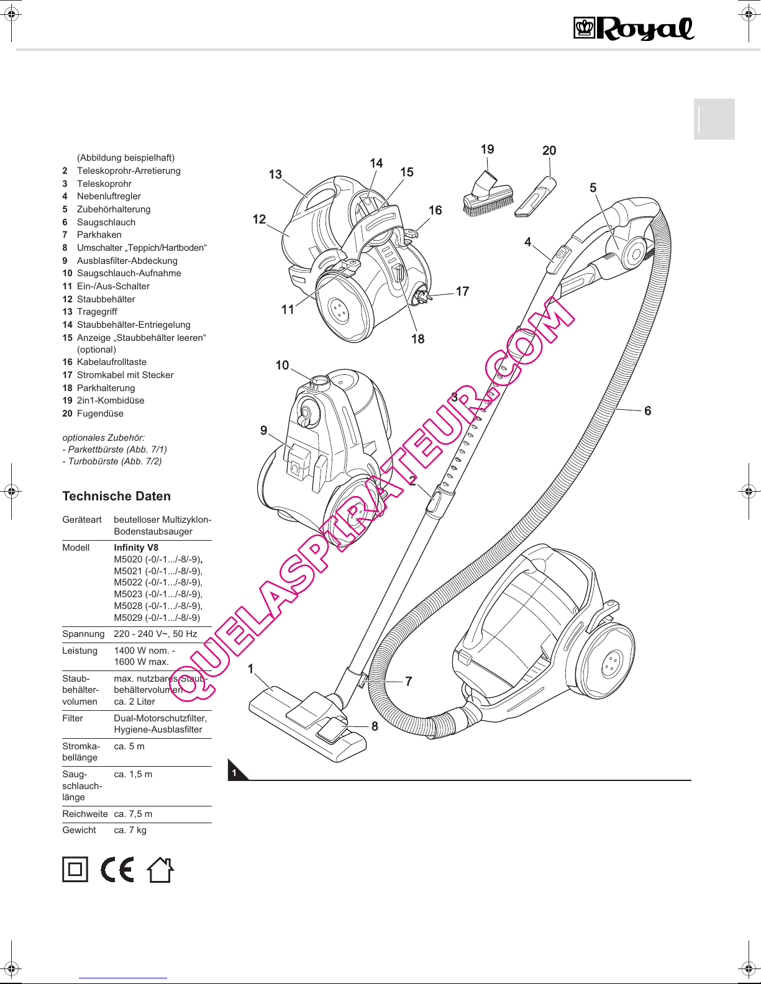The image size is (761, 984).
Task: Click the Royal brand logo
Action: click(x=633, y=29)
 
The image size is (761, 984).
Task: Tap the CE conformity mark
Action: click(x=117, y=869)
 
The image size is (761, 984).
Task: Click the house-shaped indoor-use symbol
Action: click(x=160, y=869)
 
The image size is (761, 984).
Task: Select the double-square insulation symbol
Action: click(x=75, y=869)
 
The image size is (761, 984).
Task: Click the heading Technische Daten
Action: click(x=116, y=496)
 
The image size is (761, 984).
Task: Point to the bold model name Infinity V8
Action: click(x=136, y=548)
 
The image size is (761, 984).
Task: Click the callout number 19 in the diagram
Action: click(x=487, y=149)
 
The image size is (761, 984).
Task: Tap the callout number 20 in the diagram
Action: click(x=549, y=150)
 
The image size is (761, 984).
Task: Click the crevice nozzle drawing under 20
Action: click(x=535, y=197)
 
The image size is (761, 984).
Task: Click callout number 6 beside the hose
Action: click(x=647, y=411)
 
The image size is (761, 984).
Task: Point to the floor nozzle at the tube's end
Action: click(x=308, y=725)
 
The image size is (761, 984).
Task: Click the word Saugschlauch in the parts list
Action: click(x=106, y=222)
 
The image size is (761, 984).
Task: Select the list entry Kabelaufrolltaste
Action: click(x=112, y=362)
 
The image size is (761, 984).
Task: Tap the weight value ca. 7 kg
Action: click(x=130, y=830)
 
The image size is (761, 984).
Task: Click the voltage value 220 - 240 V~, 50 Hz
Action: click(x=155, y=634)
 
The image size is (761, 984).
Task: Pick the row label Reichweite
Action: click(x=85, y=814)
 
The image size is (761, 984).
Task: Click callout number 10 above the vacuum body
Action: click(x=282, y=365)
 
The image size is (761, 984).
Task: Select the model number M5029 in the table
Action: click(x=128, y=618)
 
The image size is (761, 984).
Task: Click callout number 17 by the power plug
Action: click(x=462, y=291)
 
